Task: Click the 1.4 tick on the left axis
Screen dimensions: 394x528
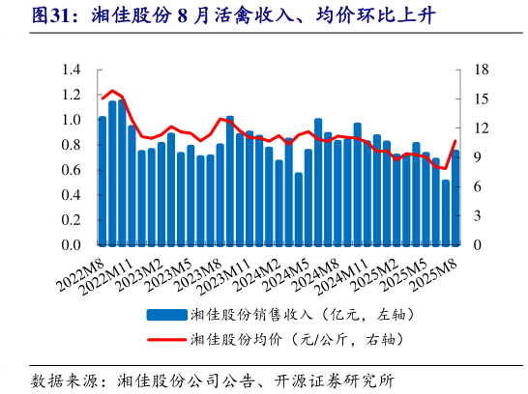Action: (73, 70)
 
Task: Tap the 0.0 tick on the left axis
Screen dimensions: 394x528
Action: (73, 245)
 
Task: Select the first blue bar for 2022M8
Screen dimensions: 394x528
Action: (103, 181)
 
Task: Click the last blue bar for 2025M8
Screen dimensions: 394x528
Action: (455, 197)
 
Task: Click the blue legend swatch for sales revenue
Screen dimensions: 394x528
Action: (165, 315)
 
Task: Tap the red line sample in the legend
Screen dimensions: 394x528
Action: (165, 339)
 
